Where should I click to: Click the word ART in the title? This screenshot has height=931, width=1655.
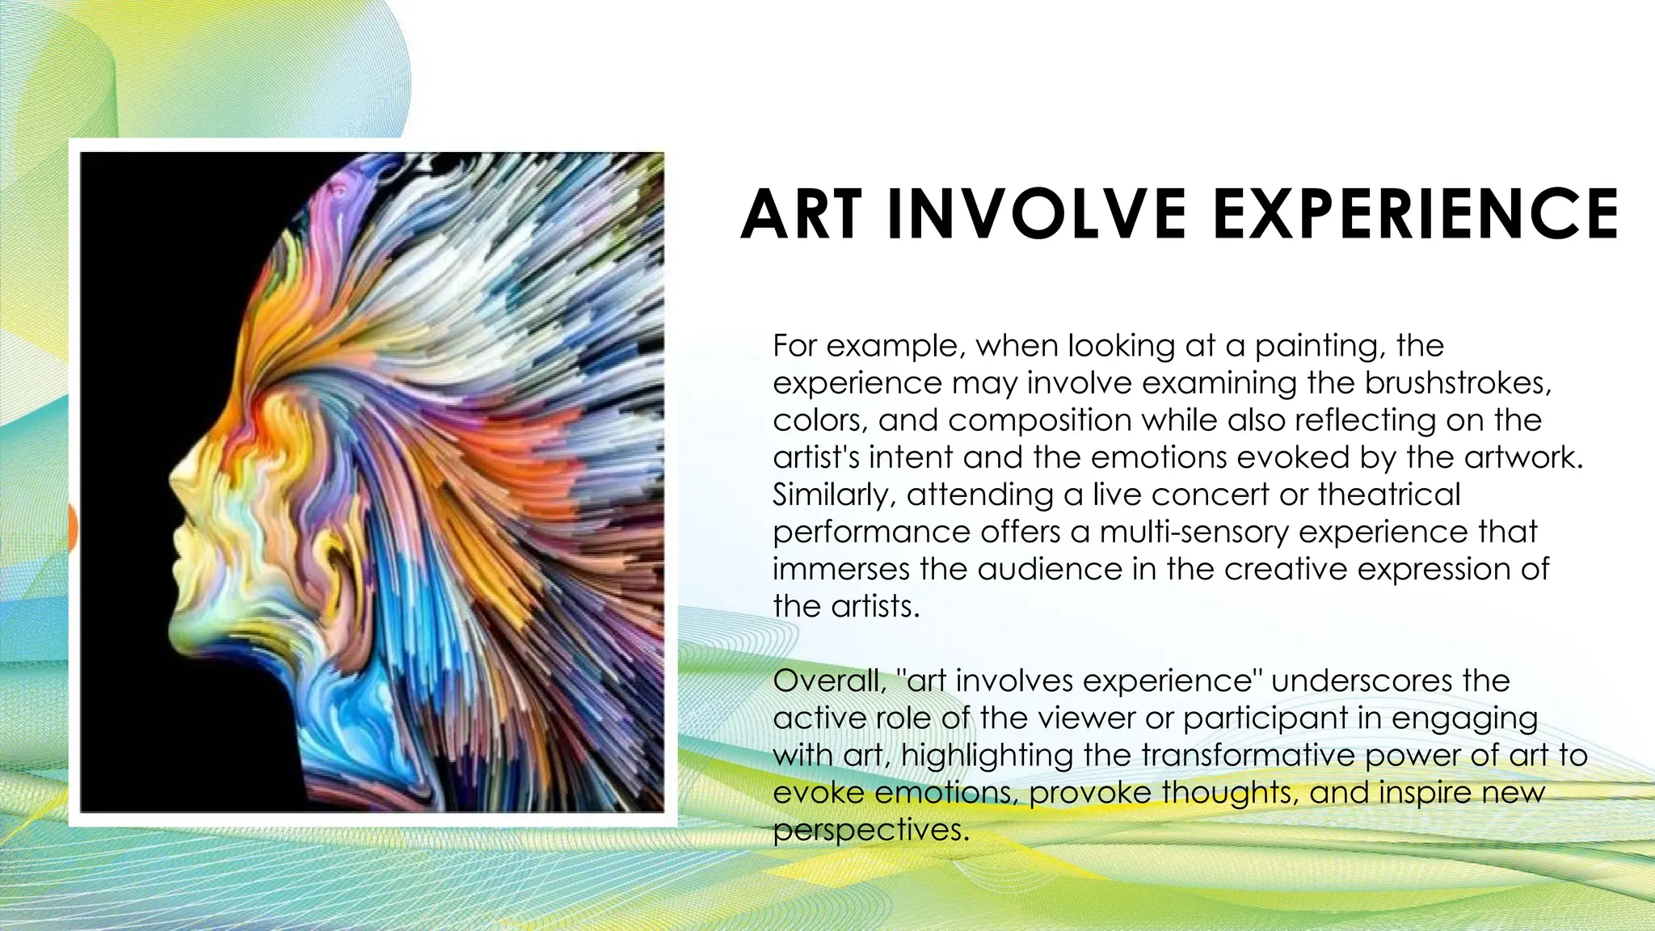click(x=801, y=214)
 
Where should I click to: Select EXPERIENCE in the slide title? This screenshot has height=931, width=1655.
click(x=1415, y=214)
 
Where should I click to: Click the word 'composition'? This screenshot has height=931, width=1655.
click(x=1039, y=421)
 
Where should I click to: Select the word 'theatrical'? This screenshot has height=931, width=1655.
click(x=1389, y=495)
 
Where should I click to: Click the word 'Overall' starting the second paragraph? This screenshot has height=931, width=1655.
click(x=829, y=680)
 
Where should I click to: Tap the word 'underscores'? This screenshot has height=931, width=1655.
click(x=1390, y=680)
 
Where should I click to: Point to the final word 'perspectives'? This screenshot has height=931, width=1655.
click(x=870, y=830)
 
